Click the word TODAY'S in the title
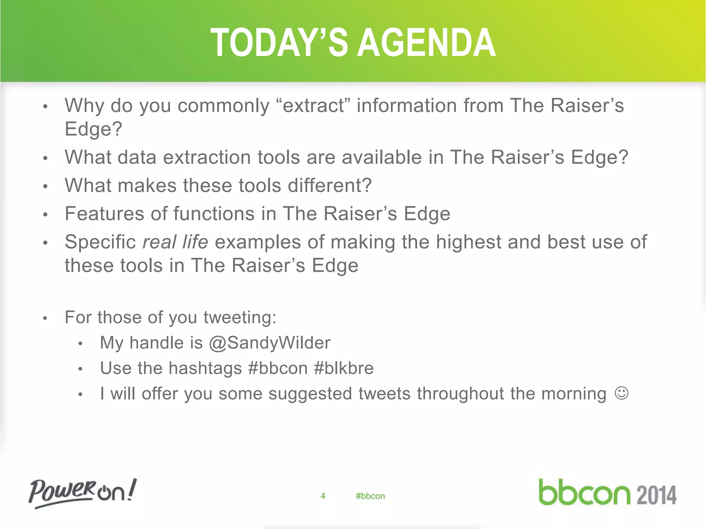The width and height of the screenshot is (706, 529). click(279, 43)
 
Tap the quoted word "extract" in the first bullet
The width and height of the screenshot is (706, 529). click(313, 105)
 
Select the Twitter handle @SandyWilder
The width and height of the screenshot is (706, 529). click(270, 343)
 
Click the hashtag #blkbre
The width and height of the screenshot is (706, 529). click(344, 368)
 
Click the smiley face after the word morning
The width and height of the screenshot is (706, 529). click(622, 393)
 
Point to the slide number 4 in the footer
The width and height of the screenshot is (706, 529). click(323, 496)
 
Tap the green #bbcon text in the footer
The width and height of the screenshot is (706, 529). click(370, 496)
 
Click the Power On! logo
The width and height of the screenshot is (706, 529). click(82, 493)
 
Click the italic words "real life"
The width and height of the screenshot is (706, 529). click(175, 242)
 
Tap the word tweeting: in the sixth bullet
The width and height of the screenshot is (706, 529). click(240, 317)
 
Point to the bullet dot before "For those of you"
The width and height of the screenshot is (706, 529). click(45, 318)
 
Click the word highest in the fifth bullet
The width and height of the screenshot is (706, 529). click(468, 242)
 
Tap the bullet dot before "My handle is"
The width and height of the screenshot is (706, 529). click(80, 344)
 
